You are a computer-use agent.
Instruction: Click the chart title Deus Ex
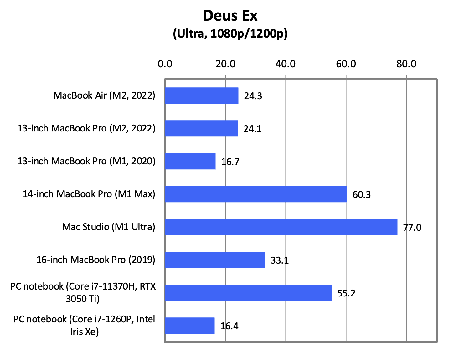tap(230, 16)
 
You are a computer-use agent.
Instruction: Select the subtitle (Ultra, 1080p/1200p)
tap(230, 33)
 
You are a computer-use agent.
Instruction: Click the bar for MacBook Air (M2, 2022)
tap(202, 95)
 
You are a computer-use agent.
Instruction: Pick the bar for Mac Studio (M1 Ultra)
tap(281, 227)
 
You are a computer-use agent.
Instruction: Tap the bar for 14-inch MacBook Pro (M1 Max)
tap(256, 194)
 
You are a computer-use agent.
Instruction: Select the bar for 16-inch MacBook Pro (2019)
tap(215, 260)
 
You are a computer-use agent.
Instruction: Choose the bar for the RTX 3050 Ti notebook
tap(248, 293)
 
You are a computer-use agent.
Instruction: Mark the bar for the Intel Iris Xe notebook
tap(190, 326)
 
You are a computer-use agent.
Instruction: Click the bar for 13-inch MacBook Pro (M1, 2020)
tap(190, 161)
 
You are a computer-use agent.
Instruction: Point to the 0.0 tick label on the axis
tap(165, 64)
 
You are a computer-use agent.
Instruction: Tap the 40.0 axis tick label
tap(286, 64)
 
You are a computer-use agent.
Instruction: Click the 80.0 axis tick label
tap(406, 64)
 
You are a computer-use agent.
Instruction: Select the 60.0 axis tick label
tap(346, 64)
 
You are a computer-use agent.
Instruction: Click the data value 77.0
tap(412, 227)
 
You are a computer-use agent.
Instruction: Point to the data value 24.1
tap(252, 129)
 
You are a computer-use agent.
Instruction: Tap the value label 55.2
tap(346, 293)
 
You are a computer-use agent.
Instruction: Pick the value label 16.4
tap(229, 326)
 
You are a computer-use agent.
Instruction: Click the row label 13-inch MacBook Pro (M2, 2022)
tap(86, 128)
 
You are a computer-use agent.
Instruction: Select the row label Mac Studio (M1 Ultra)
tap(109, 227)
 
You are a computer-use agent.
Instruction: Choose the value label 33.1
tap(280, 260)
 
